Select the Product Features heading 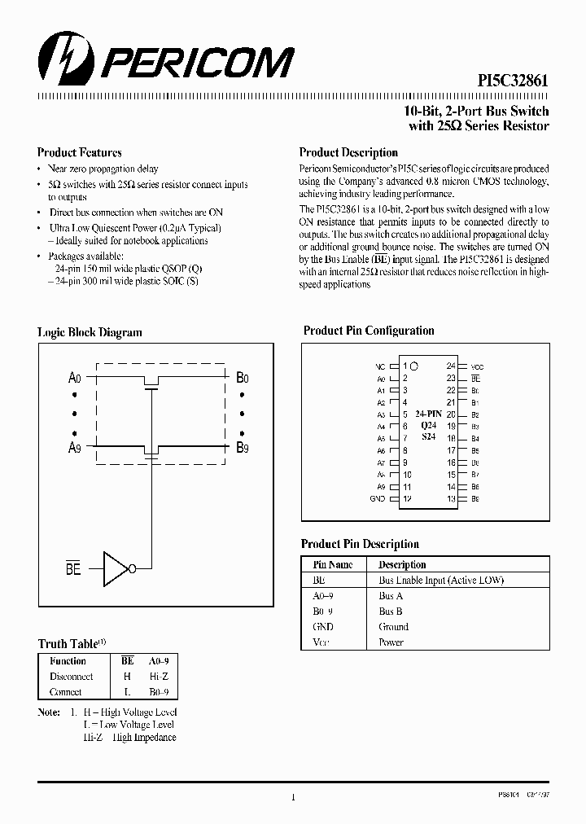click(x=80, y=152)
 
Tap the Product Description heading click(x=348, y=152)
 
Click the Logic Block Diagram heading click(x=90, y=332)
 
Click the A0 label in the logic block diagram click(x=75, y=378)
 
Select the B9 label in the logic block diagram click(x=243, y=447)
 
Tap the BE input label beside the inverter click(x=73, y=569)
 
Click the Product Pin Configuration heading click(x=369, y=331)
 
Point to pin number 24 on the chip click(x=451, y=366)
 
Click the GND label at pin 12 click(x=377, y=498)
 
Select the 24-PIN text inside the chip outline click(x=428, y=414)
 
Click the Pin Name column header click(x=333, y=564)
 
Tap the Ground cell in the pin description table click(x=393, y=627)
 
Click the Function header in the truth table click(x=68, y=661)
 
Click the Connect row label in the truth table click(x=65, y=692)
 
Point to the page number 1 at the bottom click(x=292, y=798)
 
